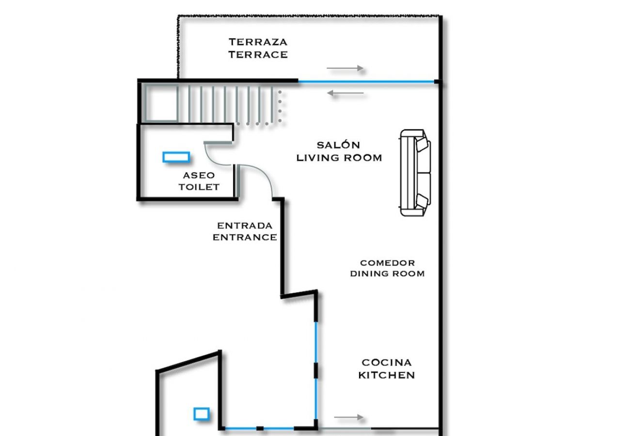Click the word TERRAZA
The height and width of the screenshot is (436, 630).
click(258, 42)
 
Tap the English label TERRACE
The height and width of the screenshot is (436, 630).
click(258, 54)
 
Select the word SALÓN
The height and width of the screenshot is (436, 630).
click(338, 145)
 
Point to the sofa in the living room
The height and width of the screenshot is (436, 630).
click(415, 173)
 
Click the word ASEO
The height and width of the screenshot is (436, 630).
click(199, 175)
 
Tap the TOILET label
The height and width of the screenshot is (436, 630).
click(199, 187)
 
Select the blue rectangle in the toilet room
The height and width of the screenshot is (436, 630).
click(175, 157)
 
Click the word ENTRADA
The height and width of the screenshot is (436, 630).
click(245, 225)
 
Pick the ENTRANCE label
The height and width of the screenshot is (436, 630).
click(245, 237)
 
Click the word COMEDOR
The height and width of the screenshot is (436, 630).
click(387, 263)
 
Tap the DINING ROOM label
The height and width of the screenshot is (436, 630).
click(387, 274)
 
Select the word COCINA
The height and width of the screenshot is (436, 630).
click(386, 362)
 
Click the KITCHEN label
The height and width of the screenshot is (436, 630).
click(386, 375)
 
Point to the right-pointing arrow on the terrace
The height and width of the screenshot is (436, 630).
click(345, 68)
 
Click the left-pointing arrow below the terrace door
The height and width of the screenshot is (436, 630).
click(345, 93)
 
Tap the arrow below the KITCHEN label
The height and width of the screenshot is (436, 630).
click(348, 417)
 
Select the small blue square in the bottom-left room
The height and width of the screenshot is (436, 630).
click(201, 414)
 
